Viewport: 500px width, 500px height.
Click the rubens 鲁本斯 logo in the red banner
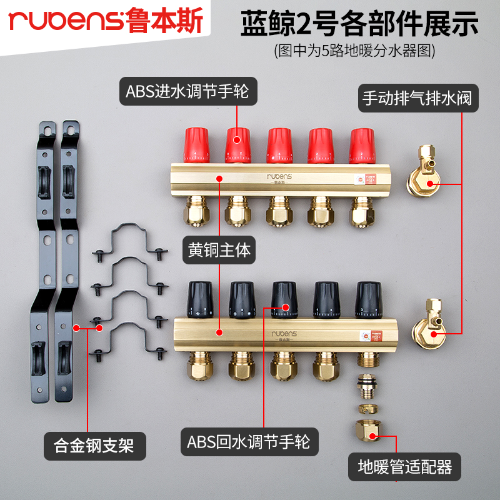(106, 22)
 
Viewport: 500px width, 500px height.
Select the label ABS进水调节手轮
(187, 92)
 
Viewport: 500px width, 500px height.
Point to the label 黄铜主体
(219, 251)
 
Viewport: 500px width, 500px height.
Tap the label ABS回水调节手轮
(249, 442)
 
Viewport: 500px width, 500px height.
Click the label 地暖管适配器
(404, 466)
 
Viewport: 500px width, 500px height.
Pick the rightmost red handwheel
(362, 145)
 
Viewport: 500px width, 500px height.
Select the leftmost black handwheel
(200, 298)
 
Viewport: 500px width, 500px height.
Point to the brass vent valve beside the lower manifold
(429, 324)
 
